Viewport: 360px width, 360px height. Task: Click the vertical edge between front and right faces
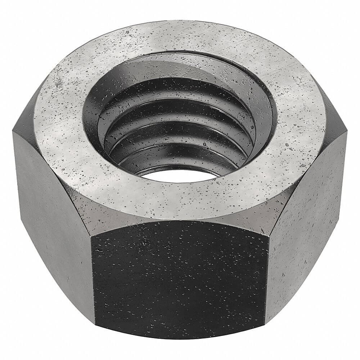pos(267,281)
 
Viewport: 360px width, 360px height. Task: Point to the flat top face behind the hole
pos(180,36)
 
